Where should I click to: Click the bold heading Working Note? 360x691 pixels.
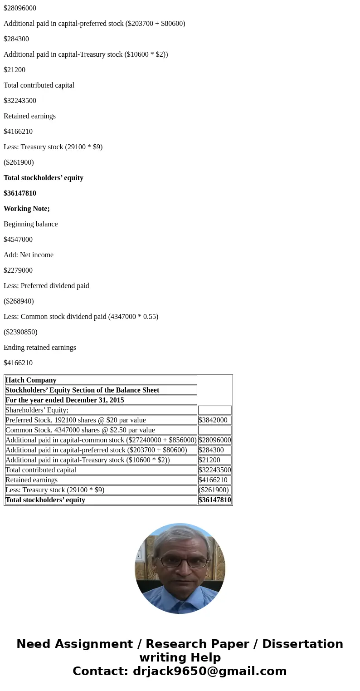point(27,209)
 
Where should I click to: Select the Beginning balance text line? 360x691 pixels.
point(31,224)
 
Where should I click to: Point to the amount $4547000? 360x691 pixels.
point(18,240)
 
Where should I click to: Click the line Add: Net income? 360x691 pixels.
point(29,255)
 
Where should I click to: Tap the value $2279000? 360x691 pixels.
point(18,270)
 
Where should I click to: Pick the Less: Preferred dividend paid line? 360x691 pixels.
point(46,286)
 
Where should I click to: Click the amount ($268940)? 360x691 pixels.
point(19,301)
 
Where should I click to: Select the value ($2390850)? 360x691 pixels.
point(20,332)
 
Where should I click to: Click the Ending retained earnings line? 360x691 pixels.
point(40,348)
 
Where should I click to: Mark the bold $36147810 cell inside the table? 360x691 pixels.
point(215,500)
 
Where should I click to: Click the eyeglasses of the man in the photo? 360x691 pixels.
point(183,562)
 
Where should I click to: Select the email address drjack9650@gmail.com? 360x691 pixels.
point(209,671)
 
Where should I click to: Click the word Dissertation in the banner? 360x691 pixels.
point(302,644)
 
